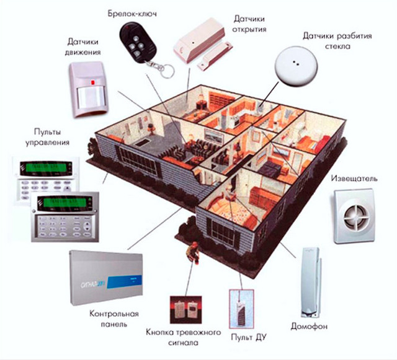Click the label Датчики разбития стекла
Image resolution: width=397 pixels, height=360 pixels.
click(x=337, y=41)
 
